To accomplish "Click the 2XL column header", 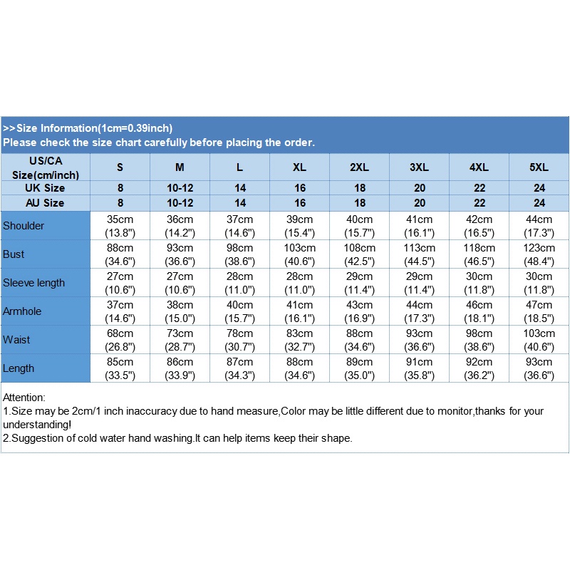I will pyautogui.click(x=359, y=167).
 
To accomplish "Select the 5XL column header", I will pyautogui.click(x=539, y=167).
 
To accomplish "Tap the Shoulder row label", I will pyautogui.click(x=24, y=226).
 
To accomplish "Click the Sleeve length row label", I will pyautogui.click(x=33, y=283).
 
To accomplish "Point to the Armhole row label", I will pyautogui.click(x=24, y=311).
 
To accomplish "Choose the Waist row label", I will pyautogui.click(x=17, y=340).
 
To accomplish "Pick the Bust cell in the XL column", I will pyautogui.click(x=299, y=254).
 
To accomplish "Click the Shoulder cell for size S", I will pyautogui.click(x=120, y=226).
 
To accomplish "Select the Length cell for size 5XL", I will pyautogui.click(x=539, y=368).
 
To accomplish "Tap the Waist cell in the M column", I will pyautogui.click(x=180, y=340).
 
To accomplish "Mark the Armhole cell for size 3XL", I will pyautogui.click(x=419, y=311).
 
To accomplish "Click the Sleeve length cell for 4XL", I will pyautogui.click(x=479, y=283).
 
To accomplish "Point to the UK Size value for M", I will pyautogui.click(x=180, y=188).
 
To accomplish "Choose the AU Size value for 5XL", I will pyautogui.click(x=539, y=203).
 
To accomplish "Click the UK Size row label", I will pyautogui.click(x=46, y=188).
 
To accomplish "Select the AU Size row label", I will pyautogui.click(x=46, y=203).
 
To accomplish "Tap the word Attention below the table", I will pyautogui.click(x=24, y=397).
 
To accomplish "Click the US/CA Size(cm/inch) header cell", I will pyautogui.click(x=46, y=167).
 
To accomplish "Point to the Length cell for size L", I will pyautogui.click(x=239, y=368).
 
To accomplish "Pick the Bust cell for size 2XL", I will pyautogui.click(x=359, y=254).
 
